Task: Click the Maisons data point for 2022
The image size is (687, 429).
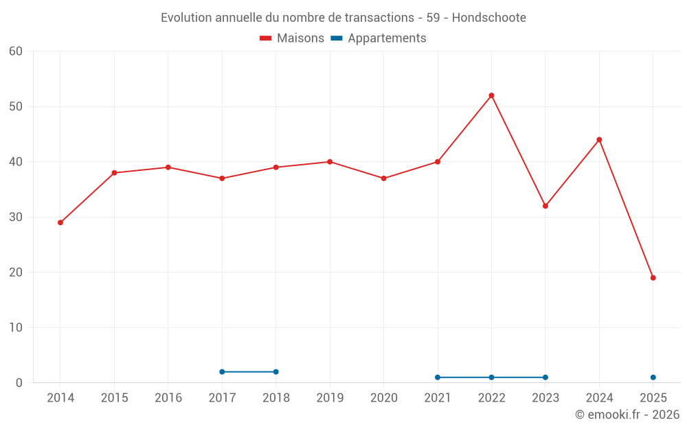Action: click(491, 95)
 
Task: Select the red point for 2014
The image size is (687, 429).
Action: click(60, 222)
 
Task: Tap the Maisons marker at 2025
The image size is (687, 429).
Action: click(653, 278)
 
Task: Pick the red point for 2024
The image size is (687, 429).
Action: click(599, 140)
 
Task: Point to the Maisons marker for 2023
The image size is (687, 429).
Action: click(545, 206)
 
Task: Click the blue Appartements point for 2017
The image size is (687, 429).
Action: click(222, 372)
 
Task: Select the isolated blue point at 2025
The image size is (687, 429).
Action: click(653, 378)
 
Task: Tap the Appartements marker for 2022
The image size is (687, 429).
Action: click(491, 378)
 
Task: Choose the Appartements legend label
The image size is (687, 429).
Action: click(386, 38)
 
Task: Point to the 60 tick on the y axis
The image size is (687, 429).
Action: click(16, 51)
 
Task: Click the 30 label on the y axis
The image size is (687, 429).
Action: click(16, 217)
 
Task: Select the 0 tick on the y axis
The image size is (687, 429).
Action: click(19, 383)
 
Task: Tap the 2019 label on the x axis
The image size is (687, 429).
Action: click(330, 398)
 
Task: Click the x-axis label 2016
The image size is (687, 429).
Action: click(168, 398)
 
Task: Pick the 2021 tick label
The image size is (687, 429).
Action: click(438, 398)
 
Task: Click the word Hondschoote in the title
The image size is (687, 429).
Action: click(491, 18)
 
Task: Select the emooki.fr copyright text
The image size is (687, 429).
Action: click(627, 415)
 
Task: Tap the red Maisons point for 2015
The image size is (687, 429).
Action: click(114, 173)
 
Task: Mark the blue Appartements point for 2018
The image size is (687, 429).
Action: click(275, 372)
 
